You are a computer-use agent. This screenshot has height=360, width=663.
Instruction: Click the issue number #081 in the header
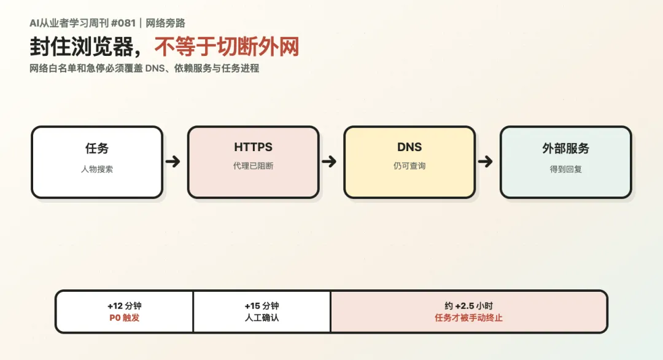pos(123,23)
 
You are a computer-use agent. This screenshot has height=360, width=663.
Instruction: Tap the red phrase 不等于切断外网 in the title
pos(227,47)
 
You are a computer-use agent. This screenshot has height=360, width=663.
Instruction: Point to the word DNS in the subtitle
pos(155,68)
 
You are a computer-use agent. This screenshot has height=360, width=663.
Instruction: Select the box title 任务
pos(97,148)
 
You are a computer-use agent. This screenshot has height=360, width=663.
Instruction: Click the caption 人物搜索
pos(97,169)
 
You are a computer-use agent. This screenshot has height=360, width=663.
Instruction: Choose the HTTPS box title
pos(254,147)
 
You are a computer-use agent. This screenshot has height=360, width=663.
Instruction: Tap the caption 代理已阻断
pos(254,166)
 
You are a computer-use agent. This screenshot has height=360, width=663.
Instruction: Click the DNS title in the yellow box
pos(409,147)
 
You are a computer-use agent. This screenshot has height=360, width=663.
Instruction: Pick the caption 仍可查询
pos(409,166)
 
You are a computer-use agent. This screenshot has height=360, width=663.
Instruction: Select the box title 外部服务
pos(566,148)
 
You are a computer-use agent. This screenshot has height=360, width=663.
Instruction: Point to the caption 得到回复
pos(566,169)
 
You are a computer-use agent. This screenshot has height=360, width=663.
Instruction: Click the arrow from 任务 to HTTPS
pos(173,162)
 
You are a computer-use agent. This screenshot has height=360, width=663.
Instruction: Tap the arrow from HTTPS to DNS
pos(329,162)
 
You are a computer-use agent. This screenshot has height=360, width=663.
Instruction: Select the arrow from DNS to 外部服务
pos(486,162)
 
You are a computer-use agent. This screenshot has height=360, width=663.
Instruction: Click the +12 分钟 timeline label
pos(124,306)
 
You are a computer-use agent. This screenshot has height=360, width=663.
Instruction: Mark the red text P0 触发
pos(124,318)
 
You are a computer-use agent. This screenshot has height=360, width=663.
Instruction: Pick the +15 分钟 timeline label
pos(262,306)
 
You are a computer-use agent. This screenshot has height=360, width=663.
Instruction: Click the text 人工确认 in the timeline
pos(262,318)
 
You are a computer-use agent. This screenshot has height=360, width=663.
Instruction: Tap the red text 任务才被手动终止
pos(468,318)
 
